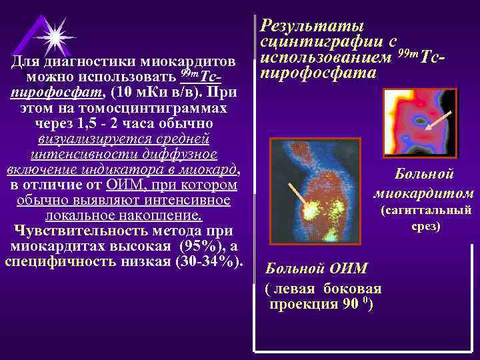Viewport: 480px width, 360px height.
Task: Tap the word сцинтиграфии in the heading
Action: pyautogui.click(x=320, y=42)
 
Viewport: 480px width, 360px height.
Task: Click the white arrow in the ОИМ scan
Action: pyautogui.click(x=296, y=193)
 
